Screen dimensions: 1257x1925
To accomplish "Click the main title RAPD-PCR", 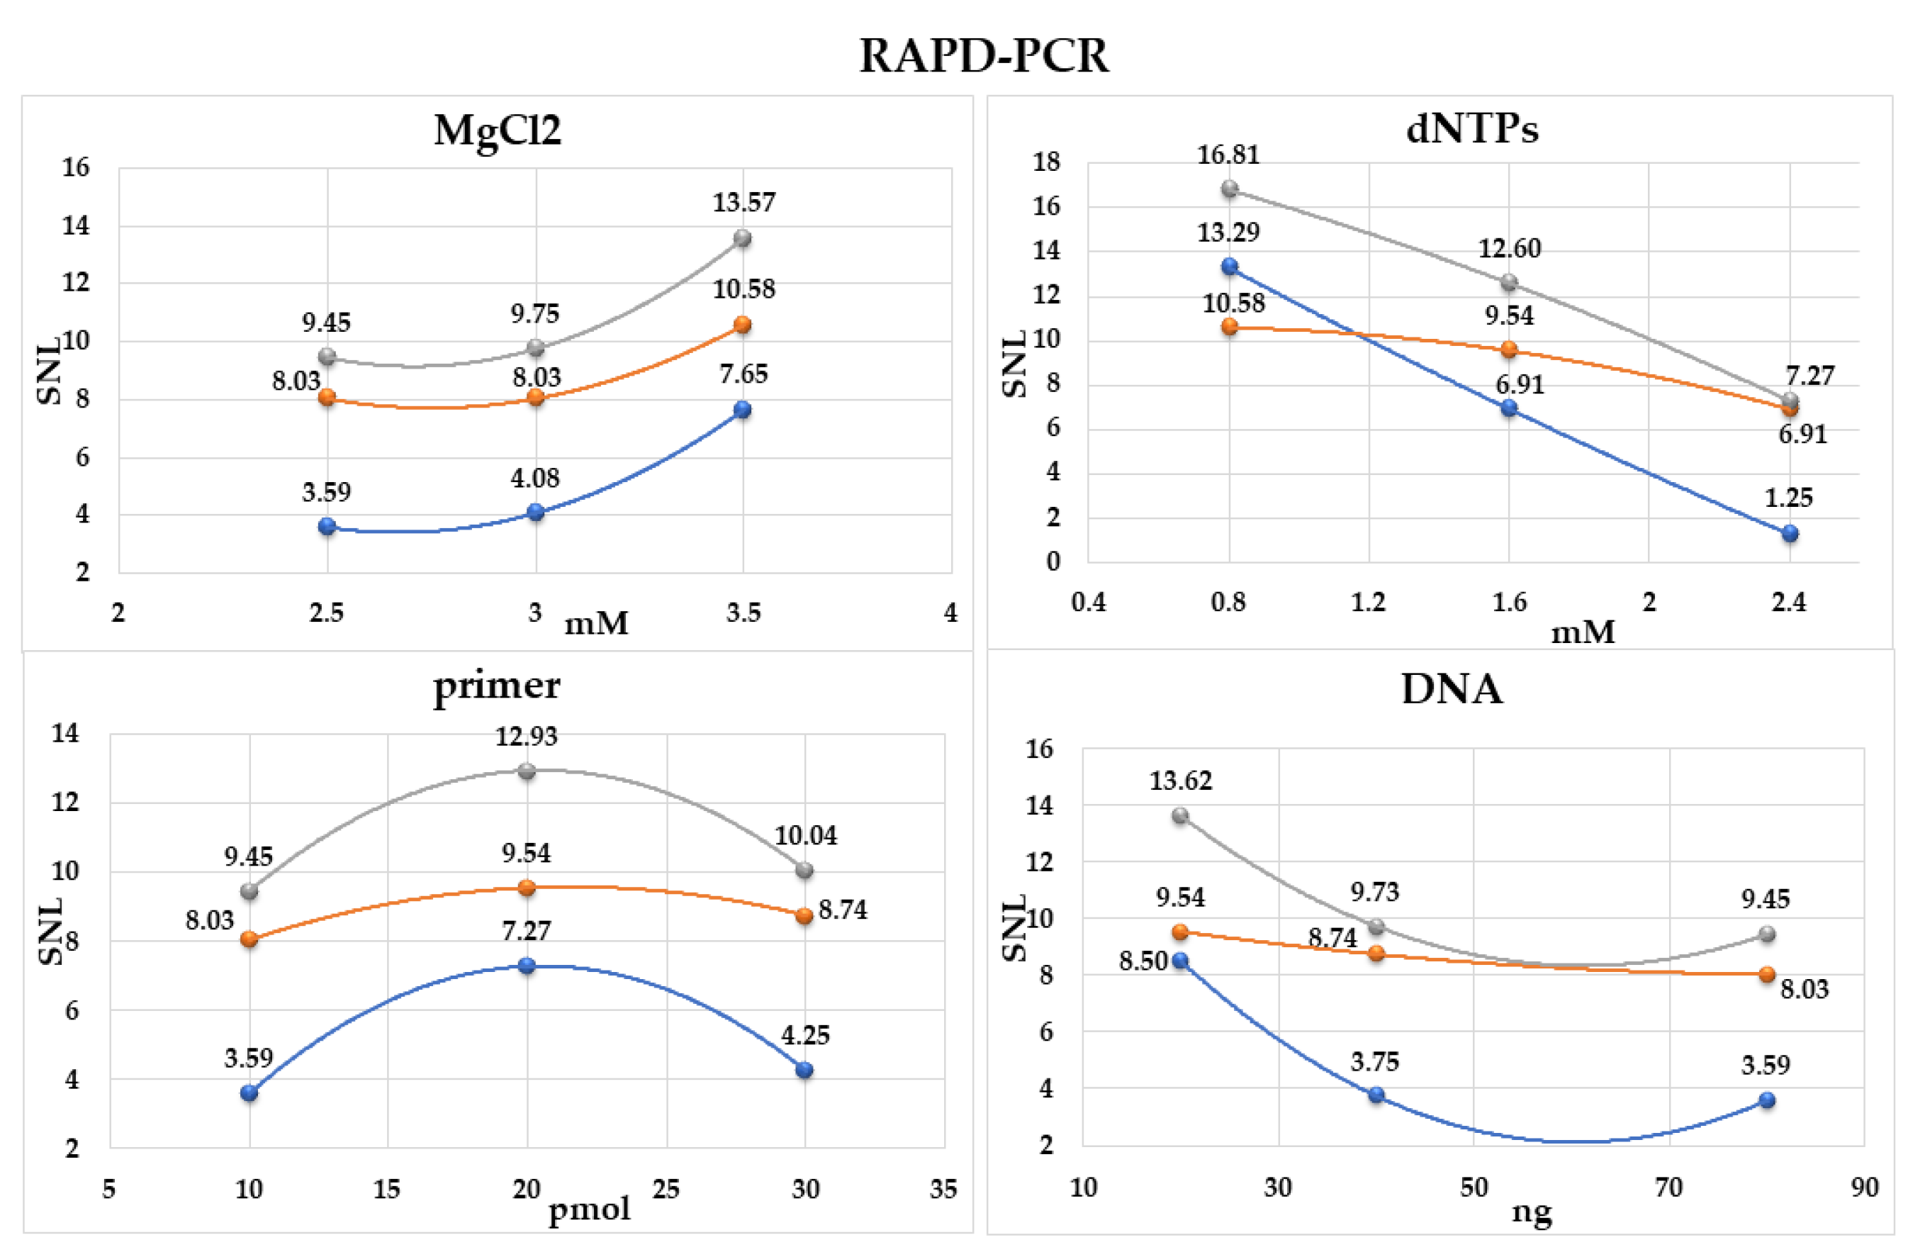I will [x=984, y=56].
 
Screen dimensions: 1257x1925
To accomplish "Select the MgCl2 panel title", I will [x=497, y=130].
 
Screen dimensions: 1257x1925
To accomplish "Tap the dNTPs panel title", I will [x=1471, y=128].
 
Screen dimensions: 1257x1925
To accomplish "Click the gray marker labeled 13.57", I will [x=743, y=238].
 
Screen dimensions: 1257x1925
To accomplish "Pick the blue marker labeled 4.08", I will [x=535, y=512].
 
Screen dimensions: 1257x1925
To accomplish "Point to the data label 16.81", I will [x=1228, y=155].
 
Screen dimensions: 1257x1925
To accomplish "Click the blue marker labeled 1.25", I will [x=1790, y=533].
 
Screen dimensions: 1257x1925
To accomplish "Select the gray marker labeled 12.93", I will [x=527, y=771].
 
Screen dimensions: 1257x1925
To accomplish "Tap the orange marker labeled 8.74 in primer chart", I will [x=804, y=916].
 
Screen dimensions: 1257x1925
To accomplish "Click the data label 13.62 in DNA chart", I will [x=1180, y=781].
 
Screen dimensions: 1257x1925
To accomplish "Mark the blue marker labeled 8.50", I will [x=1180, y=960].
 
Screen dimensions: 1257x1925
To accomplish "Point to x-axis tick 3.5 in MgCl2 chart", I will [x=743, y=613].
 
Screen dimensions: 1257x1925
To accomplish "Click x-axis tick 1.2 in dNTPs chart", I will [x=1369, y=602].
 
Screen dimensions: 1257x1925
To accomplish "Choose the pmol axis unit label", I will [x=589, y=1209].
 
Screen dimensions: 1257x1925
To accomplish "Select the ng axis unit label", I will [x=1531, y=1211].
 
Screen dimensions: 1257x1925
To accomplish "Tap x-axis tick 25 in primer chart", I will [x=666, y=1189].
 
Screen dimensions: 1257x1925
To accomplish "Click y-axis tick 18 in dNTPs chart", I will [x=1046, y=162].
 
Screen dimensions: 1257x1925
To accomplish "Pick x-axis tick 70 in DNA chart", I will [x=1668, y=1188].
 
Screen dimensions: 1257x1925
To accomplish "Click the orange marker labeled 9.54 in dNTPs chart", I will [x=1508, y=350].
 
